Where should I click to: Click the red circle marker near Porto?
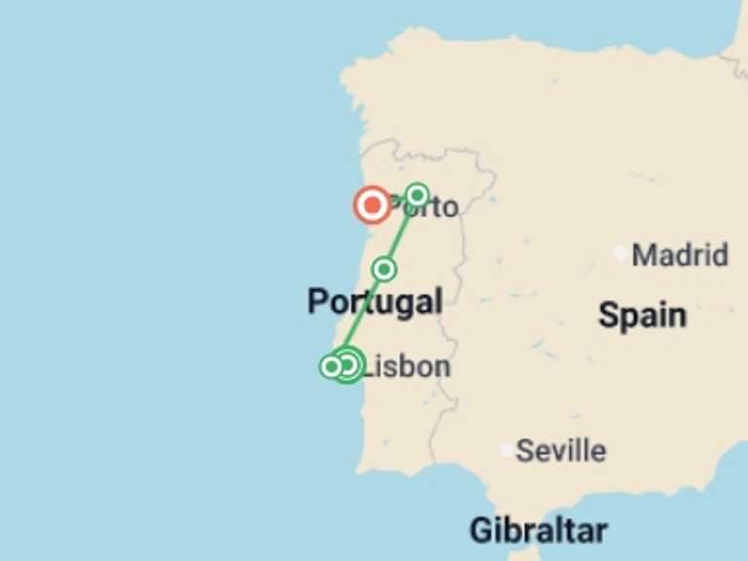[371, 206]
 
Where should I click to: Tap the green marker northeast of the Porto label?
[417, 195]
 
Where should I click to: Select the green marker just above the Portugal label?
[385, 269]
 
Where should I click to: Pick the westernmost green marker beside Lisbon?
[331, 366]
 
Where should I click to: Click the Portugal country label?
[375, 302]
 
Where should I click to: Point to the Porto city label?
[424, 207]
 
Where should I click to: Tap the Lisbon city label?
[406, 366]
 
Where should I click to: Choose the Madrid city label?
[680, 255]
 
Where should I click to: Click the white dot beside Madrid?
[620, 253]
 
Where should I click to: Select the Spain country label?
[642, 315]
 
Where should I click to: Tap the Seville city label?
[561, 451]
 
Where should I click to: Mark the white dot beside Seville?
[505, 450]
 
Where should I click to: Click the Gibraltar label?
[538, 531]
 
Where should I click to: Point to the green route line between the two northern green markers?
[401, 232]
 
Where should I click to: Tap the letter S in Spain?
[608, 315]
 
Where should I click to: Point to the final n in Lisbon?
[441, 366]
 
